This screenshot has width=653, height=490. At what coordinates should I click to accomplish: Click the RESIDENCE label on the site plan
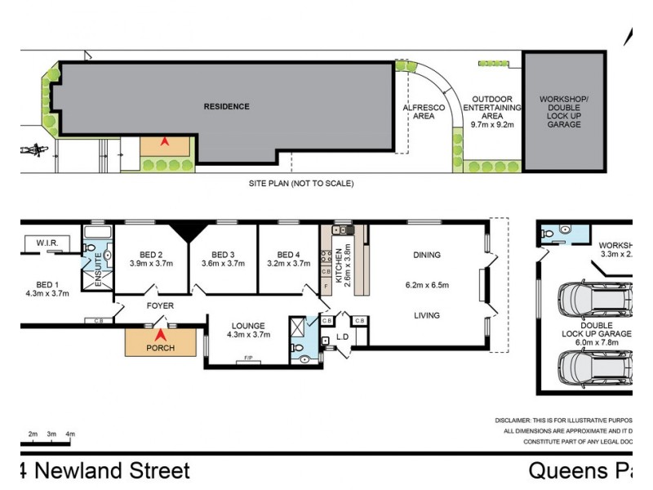click(226, 106)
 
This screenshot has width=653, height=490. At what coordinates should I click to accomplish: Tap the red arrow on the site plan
click(164, 142)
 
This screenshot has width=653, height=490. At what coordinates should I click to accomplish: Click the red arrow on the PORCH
click(161, 335)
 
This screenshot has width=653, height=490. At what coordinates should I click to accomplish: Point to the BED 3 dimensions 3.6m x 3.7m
click(223, 264)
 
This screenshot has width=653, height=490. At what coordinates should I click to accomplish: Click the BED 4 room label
click(289, 254)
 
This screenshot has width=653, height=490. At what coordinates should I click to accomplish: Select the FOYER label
click(160, 305)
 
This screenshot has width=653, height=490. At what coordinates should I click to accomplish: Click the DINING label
click(426, 255)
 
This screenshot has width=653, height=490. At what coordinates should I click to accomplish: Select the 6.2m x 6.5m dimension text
click(426, 286)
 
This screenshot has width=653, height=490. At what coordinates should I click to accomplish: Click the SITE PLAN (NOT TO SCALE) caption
click(301, 184)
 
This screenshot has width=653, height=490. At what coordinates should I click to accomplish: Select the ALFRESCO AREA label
click(424, 112)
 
